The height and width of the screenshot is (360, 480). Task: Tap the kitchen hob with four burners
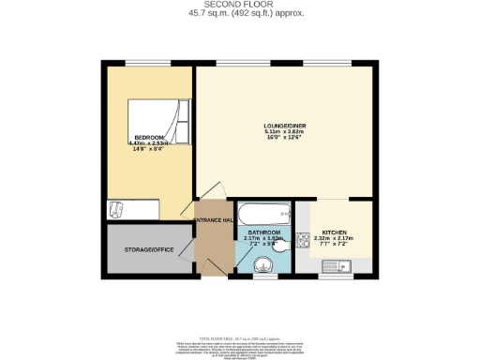pos(304,240)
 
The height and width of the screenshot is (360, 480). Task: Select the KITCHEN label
pos(335,232)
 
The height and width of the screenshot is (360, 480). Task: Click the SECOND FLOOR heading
pos(240,5)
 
